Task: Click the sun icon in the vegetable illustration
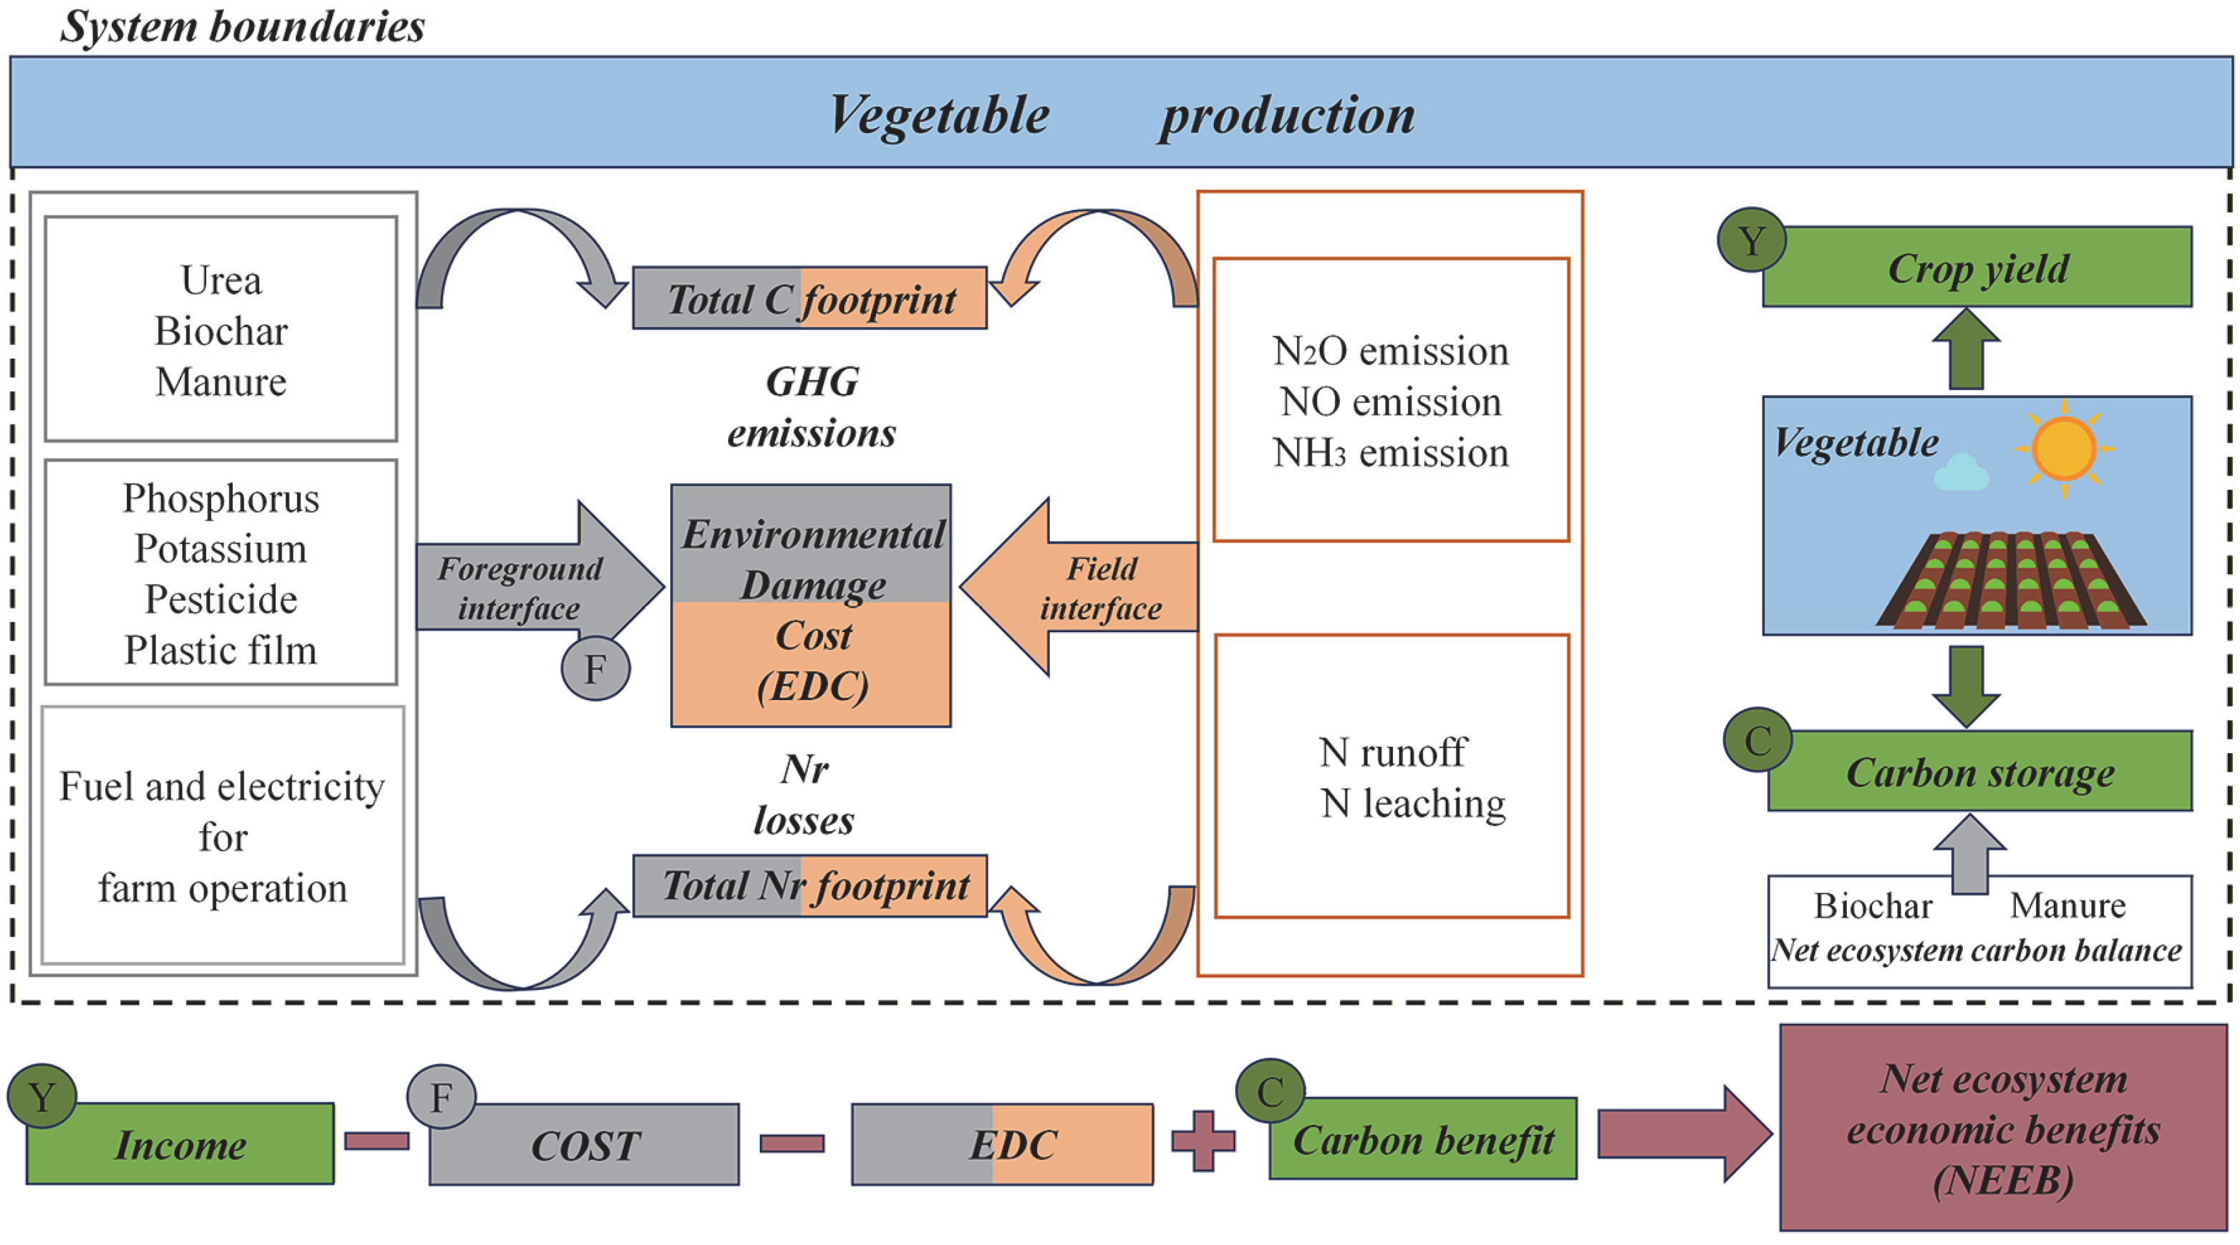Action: click(x=2064, y=449)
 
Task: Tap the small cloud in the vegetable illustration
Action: click(x=1961, y=474)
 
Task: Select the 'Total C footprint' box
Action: click(x=809, y=299)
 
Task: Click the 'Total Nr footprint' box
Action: click(x=809, y=886)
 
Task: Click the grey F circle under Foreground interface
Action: click(x=596, y=669)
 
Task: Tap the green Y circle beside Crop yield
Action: click(x=1752, y=240)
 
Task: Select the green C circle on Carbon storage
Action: click(x=1757, y=741)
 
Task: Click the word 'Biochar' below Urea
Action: click(x=221, y=331)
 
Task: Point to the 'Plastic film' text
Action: click(x=221, y=650)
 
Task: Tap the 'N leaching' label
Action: click(x=1412, y=803)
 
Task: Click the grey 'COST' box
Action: click(x=584, y=1145)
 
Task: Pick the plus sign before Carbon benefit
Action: click(x=1204, y=1140)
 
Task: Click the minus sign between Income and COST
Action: click(x=377, y=1140)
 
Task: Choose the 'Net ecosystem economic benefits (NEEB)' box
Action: click(x=2002, y=1128)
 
